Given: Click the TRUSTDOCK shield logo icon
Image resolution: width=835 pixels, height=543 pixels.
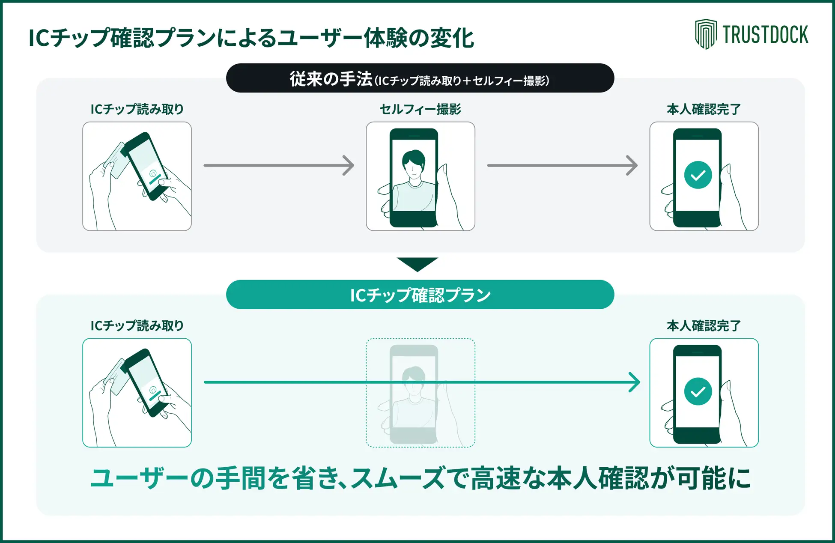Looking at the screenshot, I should point(705,34).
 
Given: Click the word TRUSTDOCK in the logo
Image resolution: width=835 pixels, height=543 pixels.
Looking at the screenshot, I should point(765,35).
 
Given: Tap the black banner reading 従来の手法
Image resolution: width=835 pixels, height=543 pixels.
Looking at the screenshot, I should point(420,78).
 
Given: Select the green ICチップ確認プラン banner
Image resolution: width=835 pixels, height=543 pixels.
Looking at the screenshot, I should point(420,295).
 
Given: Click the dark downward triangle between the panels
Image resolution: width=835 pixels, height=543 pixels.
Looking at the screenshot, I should point(417,263).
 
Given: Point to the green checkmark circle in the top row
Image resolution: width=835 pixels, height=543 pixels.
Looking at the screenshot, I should point(698,175).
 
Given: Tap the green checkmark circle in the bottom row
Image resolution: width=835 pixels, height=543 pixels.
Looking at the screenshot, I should point(698,391).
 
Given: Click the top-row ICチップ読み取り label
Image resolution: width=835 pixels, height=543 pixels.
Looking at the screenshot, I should point(137,109).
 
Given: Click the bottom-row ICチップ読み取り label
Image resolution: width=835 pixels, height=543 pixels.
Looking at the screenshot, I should point(137,326).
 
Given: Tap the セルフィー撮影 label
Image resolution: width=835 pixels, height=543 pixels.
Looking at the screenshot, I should point(420,109).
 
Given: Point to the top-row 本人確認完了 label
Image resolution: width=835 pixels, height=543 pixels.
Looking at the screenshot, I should point(704,109).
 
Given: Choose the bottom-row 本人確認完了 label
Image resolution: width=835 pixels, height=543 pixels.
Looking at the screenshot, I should point(704,326).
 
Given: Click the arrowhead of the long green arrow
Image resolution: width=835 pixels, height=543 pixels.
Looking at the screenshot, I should point(634,382).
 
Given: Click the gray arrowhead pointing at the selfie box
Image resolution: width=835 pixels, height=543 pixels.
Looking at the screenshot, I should point(349,165).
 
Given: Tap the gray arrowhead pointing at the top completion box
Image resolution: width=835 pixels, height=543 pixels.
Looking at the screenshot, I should point(632,165).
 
